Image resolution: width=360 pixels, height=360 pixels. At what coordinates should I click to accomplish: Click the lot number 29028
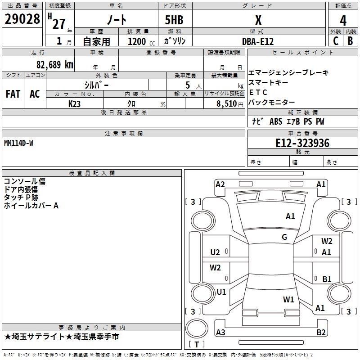tap(22, 19)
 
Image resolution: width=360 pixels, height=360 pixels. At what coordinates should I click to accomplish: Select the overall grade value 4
tap(343, 21)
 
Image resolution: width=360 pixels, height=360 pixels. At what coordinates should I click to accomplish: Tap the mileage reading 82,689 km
tap(55, 65)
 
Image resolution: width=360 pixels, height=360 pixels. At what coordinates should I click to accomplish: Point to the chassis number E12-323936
tap(302, 143)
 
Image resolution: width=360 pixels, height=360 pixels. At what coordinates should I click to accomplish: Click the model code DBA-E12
tap(258, 41)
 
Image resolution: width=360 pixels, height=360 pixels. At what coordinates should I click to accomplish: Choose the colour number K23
tap(74, 104)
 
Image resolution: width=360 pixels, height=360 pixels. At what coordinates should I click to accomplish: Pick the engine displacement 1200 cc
tap(141, 41)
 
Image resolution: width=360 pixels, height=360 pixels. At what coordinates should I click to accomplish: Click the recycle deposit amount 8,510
tap(226, 104)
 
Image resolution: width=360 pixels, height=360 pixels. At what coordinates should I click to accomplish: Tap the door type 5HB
tap(174, 20)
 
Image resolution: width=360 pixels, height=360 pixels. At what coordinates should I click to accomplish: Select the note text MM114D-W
tap(18, 143)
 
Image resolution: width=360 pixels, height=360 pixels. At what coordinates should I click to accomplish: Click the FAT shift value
tap(13, 94)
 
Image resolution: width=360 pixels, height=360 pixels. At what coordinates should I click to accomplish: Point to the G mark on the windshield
tap(284, 237)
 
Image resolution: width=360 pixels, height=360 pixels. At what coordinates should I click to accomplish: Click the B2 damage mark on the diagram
tap(321, 332)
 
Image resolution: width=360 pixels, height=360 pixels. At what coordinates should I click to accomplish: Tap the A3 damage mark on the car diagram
tap(220, 332)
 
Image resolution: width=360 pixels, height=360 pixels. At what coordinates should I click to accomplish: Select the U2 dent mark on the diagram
tap(215, 252)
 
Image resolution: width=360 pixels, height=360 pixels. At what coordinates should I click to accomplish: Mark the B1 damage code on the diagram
tap(327, 279)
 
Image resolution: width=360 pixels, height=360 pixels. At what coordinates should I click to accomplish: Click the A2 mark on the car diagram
tap(220, 184)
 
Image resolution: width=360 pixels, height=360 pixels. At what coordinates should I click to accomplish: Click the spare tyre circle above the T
tap(197, 328)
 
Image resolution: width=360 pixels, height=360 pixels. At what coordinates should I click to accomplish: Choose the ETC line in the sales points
tap(258, 92)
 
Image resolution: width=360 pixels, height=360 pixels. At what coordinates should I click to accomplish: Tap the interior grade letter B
tap(350, 41)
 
